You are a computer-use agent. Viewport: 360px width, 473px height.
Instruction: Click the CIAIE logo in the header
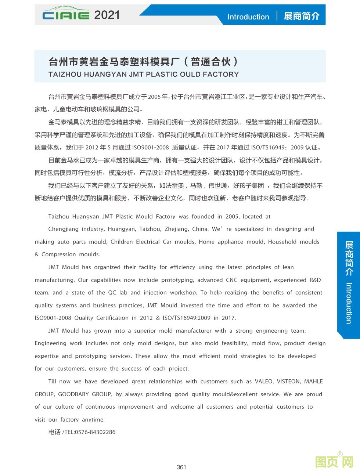(x=65, y=15)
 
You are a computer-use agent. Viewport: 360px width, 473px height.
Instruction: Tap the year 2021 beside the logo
(x=107, y=15)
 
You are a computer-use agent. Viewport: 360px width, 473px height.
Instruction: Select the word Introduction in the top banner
(x=248, y=17)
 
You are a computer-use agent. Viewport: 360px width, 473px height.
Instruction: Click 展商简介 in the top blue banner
(x=302, y=16)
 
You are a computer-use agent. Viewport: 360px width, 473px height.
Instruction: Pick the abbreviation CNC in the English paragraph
(x=231, y=280)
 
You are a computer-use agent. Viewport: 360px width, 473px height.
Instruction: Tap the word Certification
(x=112, y=318)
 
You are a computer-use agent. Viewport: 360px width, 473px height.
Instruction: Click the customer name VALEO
(x=264, y=382)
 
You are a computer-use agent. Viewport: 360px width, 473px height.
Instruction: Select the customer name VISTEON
(x=288, y=382)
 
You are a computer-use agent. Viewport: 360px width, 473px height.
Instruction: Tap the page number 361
(x=181, y=467)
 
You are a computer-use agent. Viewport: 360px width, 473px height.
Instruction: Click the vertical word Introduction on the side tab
(x=349, y=303)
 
